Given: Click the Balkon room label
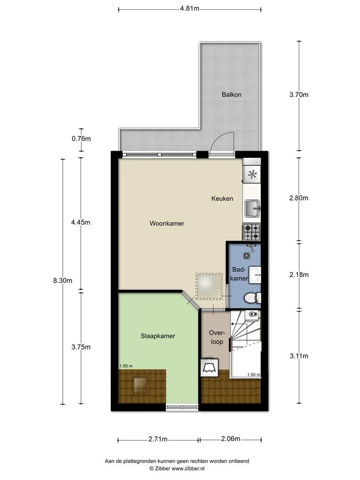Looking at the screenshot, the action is [x=232, y=95].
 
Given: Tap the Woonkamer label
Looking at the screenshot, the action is [x=167, y=224].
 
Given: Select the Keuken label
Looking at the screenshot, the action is [x=222, y=199].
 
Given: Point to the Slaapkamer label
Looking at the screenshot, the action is [x=158, y=336].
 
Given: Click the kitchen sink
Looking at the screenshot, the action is [x=252, y=208].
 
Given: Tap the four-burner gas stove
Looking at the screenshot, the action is [x=252, y=232].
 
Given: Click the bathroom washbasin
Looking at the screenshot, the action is [x=255, y=275].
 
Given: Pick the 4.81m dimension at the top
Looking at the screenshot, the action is [x=189, y=8].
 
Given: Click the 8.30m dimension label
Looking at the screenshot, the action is [x=63, y=280].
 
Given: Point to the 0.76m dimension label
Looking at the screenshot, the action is [x=81, y=139].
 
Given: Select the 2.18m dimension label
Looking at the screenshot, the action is [x=299, y=275].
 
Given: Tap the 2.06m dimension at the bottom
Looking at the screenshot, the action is [x=231, y=439].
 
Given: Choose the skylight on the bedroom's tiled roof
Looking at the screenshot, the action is [x=140, y=385].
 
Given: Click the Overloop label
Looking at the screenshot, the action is [x=217, y=337].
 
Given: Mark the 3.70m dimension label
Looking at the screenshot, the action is [x=299, y=95].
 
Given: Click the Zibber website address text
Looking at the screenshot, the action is [x=188, y=468].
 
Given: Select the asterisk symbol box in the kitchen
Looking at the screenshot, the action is [x=252, y=175].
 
